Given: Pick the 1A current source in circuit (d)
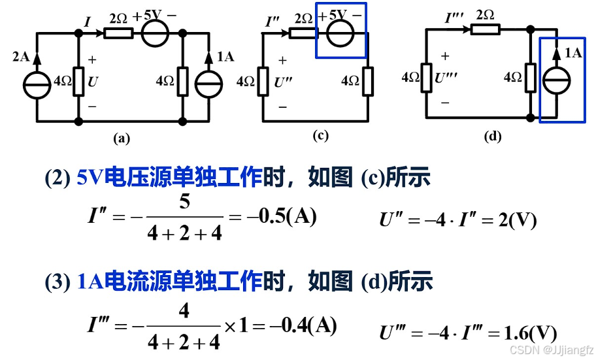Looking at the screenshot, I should point(560,80).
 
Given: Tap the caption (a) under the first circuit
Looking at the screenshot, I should point(122,138).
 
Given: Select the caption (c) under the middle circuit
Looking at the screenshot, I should point(320,136).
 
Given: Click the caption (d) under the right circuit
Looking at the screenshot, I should point(492,137).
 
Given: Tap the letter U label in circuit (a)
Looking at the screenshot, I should point(92,82).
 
